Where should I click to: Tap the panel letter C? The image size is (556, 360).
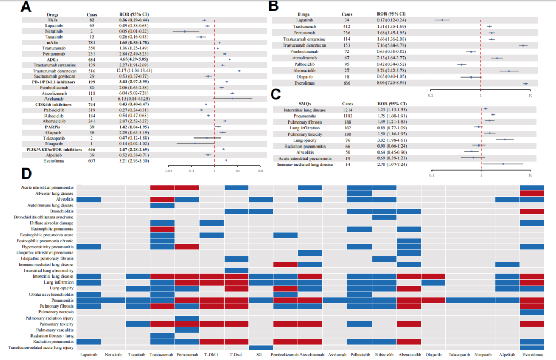click(x=276, y=95)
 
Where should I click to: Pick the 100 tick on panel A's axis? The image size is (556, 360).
click(x=260, y=171)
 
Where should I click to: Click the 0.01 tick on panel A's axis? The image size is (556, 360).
click(x=169, y=171)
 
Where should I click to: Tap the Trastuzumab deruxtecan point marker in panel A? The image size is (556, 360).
click(x=238, y=71)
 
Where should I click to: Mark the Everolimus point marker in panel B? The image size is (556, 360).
click(x=525, y=83)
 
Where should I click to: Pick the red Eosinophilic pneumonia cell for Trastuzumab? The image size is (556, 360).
click(x=163, y=229)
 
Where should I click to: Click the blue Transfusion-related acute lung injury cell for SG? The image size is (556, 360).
click(x=260, y=347)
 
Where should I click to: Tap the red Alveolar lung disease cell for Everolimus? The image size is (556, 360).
click(x=531, y=193)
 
